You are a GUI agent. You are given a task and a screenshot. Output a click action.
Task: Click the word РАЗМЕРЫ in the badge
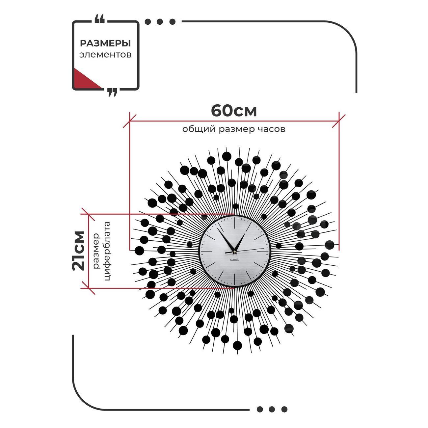pyautogui.click(x=105, y=43)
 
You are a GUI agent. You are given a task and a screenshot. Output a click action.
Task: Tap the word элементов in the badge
pyautogui.click(x=105, y=55)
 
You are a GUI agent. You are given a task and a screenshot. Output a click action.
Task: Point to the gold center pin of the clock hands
pyautogui.click(x=234, y=252)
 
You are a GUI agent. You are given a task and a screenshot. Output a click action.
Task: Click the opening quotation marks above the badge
pyautogui.click(x=99, y=19)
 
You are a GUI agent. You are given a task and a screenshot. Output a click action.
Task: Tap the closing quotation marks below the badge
pyautogui.click(x=112, y=92)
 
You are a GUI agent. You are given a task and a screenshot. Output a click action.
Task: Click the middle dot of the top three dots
pyautogui.click(x=160, y=21)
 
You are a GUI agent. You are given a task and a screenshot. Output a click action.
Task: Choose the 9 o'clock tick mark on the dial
pyautogui.click(x=207, y=251)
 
